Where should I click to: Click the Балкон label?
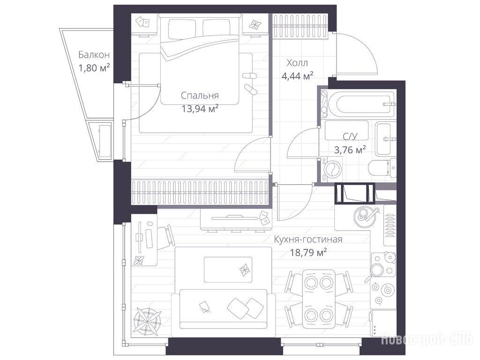(94, 54)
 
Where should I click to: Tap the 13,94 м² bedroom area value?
(200, 108)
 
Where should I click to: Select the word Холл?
(297, 63)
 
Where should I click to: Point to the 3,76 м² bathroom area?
(350, 150)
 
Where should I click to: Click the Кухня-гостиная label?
(308, 239)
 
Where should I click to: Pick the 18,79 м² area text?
(308, 252)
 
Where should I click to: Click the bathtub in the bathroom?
(363, 104)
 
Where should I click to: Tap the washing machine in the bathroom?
(330, 169)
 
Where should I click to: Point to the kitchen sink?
(365, 215)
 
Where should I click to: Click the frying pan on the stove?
(376, 270)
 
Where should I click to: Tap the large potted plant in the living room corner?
(148, 322)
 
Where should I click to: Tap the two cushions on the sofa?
(245, 307)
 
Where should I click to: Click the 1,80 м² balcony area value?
(94, 67)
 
